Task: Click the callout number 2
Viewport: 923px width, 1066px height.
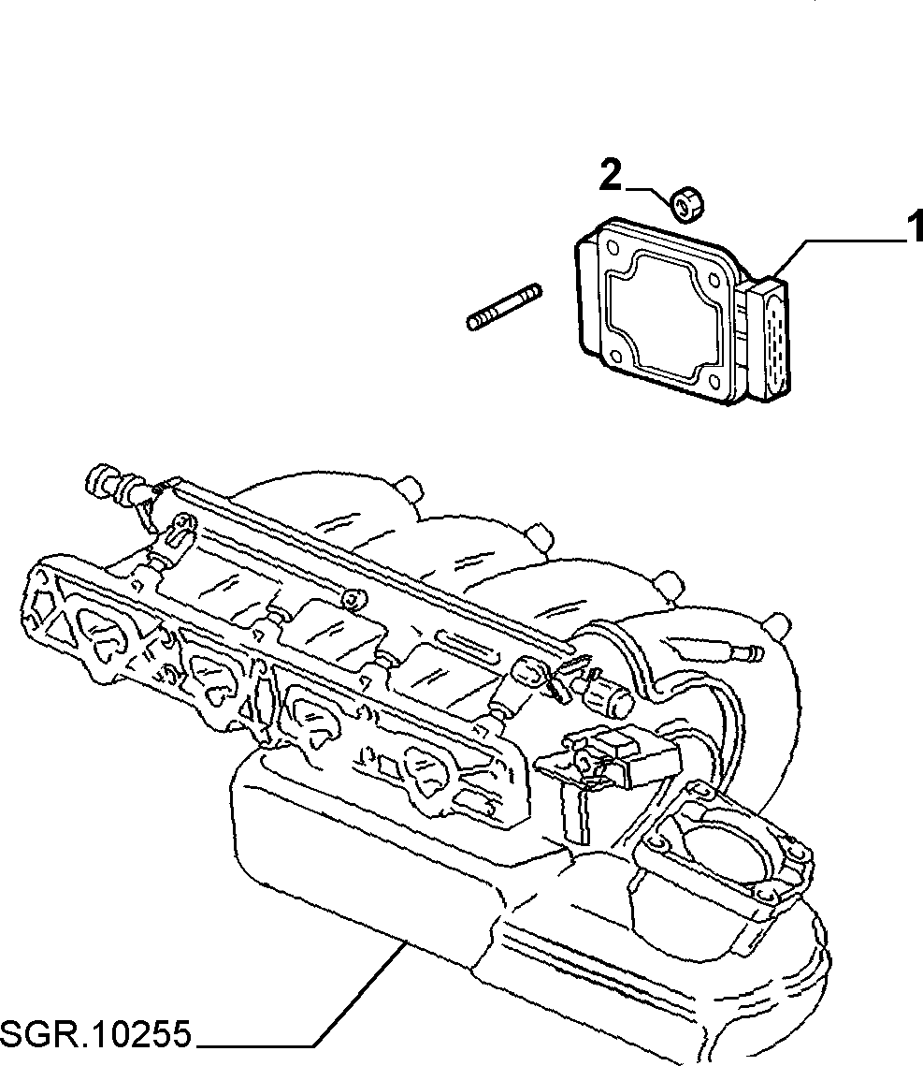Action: click(x=611, y=175)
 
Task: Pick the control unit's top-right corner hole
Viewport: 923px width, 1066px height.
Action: click(x=714, y=280)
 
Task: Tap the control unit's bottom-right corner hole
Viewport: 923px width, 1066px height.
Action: click(x=715, y=384)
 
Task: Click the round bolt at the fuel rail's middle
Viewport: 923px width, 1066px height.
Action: click(x=353, y=599)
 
